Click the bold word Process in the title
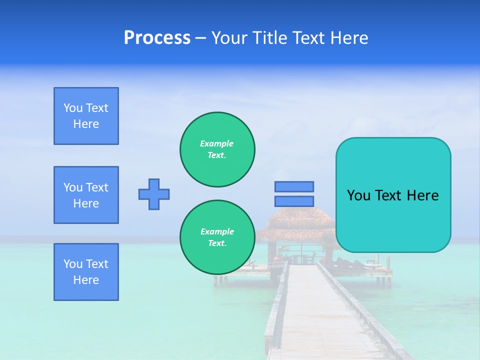pyautogui.click(x=157, y=38)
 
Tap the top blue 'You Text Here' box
pyautogui.click(x=86, y=116)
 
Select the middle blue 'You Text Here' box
pyautogui.click(x=86, y=195)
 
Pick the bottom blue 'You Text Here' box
pyautogui.click(x=86, y=272)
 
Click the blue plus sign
pyautogui.click(x=154, y=194)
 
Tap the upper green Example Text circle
pyautogui.click(x=217, y=149)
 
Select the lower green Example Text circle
pyautogui.click(x=217, y=237)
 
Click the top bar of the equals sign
pyautogui.click(x=294, y=186)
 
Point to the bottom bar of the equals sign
pyautogui.click(x=294, y=201)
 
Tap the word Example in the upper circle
pyautogui.click(x=217, y=143)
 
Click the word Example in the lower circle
pyautogui.click(x=217, y=231)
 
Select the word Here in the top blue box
pyautogui.click(x=86, y=124)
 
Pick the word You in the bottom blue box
pyautogui.click(x=72, y=264)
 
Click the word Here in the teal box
pyautogui.click(x=422, y=195)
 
